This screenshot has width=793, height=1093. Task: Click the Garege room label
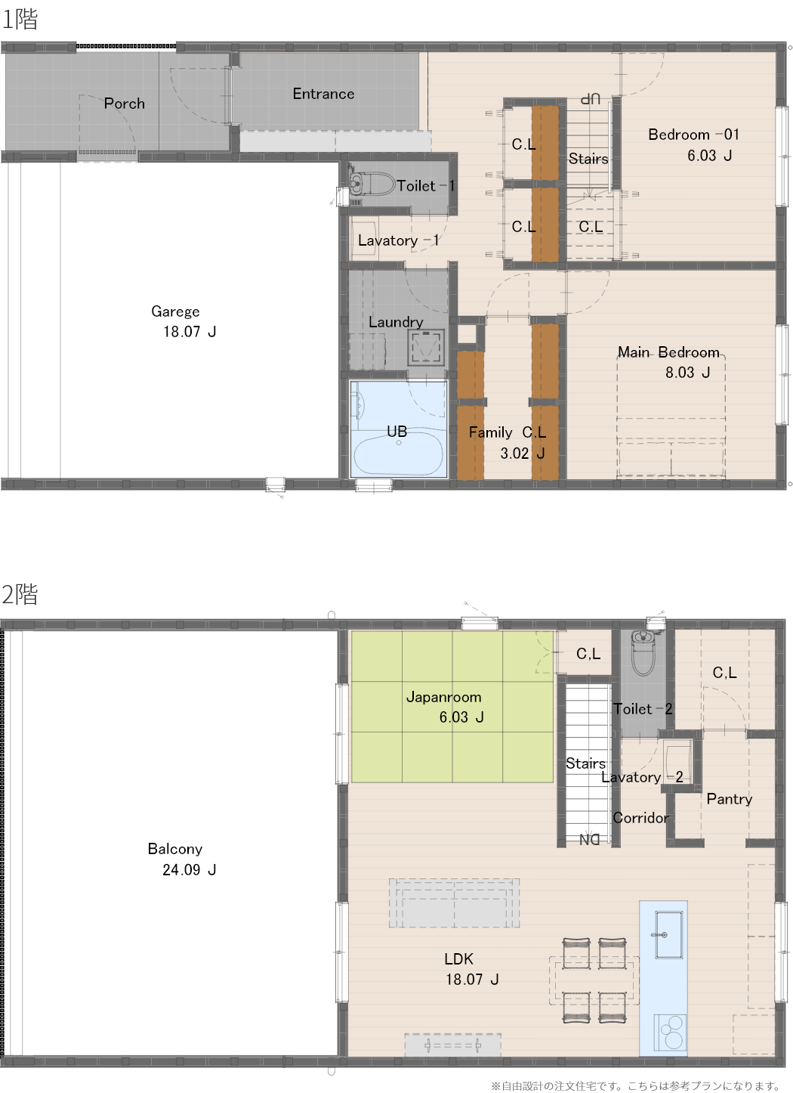point(175,311)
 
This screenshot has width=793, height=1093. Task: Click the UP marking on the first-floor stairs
point(591,99)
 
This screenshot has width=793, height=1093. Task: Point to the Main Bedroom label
point(668,351)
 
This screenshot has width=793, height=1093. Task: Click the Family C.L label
point(508,432)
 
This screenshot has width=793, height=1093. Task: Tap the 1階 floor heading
point(20,19)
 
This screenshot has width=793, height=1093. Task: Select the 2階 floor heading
point(20,594)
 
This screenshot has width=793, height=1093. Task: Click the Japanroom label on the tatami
point(443,697)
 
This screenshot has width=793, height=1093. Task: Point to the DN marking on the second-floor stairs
point(589,840)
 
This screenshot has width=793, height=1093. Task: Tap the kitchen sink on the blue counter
point(668,935)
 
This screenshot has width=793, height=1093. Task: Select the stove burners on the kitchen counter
point(670,1033)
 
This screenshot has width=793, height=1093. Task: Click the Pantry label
point(729,799)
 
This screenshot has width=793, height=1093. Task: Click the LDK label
point(458,958)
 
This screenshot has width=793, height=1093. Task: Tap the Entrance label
point(323,94)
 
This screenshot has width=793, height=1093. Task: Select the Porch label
point(125,104)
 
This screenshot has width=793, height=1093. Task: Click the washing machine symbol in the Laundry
point(426,348)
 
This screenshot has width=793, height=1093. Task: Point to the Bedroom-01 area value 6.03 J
point(709,156)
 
